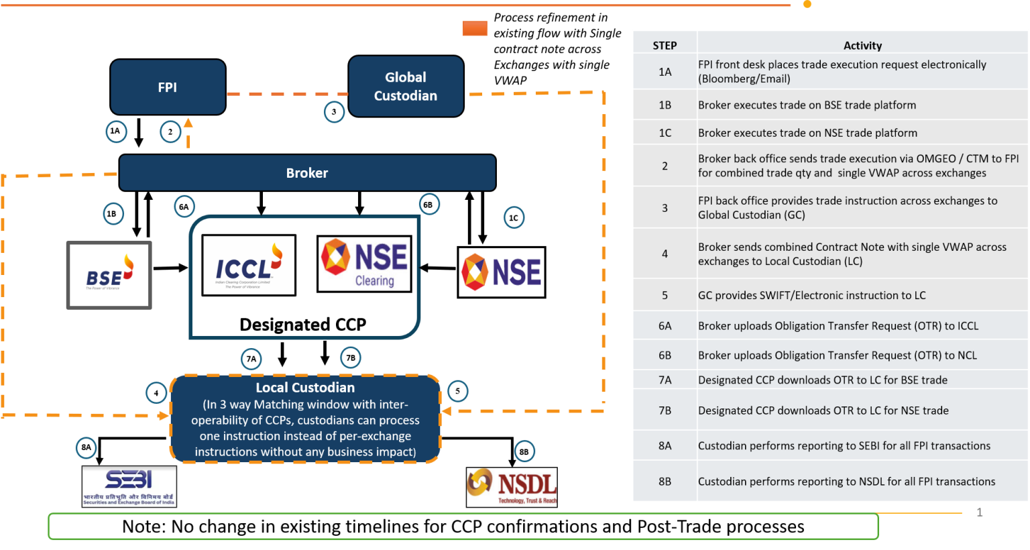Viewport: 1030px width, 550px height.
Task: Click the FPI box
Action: tap(168, 87)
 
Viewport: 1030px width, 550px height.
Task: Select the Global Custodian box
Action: tap(406, 87)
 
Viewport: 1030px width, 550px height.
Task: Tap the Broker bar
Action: tap(307, 173)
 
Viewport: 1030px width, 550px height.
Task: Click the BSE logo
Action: tap(109, 275)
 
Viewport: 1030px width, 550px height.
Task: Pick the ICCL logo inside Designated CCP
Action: tap(249, 265)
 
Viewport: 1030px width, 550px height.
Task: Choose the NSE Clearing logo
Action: tap(364, 264)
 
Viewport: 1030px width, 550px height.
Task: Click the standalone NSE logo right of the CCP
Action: tap(502, 272)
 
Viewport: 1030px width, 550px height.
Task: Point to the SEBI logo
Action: tap(129, 486)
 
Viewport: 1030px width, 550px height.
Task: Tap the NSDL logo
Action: tap(512, 487)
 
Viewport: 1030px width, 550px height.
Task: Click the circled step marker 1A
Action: tap(115, 131)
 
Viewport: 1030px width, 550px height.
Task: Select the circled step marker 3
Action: tap(334, 112)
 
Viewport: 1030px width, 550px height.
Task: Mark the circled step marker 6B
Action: tap(428, 205)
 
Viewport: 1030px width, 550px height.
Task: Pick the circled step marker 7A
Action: tap(251, 359)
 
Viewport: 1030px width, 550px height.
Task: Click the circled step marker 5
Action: tap(457, 391)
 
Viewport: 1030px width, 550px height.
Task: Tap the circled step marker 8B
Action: tap(524, 451)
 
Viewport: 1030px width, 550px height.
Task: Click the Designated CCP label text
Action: tap(303, 325)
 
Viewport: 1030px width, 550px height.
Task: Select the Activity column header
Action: tap(862, 46)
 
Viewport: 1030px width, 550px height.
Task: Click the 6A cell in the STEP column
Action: tap(665, 326)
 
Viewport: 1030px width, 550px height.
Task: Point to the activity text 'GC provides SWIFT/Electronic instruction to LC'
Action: tap(811, 295)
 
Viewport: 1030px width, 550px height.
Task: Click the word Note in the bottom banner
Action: tap(142, 527)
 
